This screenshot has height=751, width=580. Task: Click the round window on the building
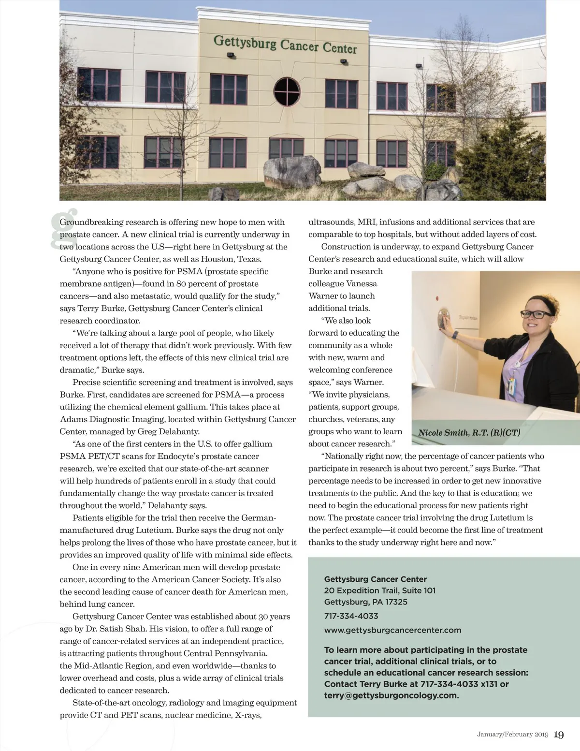(287, 91)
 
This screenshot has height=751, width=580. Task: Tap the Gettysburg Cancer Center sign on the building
(285, 44)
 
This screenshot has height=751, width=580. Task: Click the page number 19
(558, 735)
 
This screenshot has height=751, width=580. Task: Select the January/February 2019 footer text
(512, 735)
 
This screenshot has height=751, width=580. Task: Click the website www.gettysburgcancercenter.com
(392, 630)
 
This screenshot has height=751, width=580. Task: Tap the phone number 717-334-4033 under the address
(351, 616)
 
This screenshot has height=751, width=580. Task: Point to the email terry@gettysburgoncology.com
(391, 695)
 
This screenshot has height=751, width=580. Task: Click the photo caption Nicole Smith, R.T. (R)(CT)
(469, 432)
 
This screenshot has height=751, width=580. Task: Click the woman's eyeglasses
(537, 314)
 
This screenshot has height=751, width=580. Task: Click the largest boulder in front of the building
(292, 172)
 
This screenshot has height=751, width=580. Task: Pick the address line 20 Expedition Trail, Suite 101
(380, 590)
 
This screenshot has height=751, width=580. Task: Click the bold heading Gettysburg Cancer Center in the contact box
(375, 579)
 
